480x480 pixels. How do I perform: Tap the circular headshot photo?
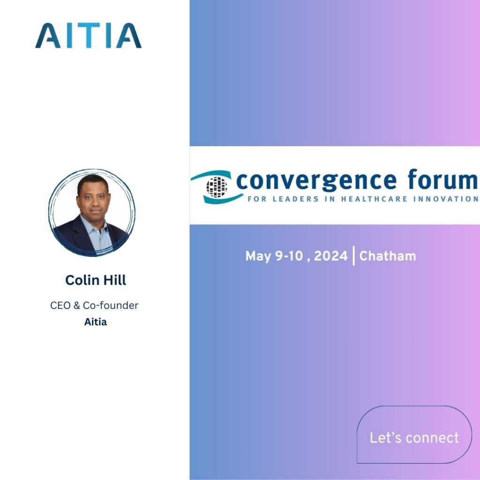pos(91,213)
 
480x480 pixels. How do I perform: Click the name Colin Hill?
pos(96,280)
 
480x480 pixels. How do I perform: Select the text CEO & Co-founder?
pos(94,306)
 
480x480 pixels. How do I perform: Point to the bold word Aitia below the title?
pos(96,322)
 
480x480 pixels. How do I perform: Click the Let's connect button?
pos(414,438)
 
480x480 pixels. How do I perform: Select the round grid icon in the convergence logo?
pos(216,186)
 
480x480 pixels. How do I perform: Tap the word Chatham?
pos(388,256)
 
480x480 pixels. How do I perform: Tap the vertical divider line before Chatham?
pos(353,256)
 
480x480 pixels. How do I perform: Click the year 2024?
pos(331,256)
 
